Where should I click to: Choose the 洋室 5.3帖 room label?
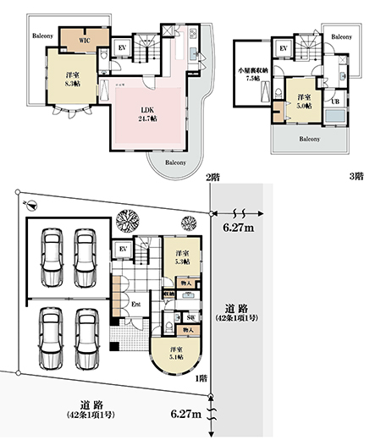pos(180,258)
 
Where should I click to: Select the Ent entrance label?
pos(135,303)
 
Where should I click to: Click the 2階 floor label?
pos(212,176)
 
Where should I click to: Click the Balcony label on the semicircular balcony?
pos(175,161)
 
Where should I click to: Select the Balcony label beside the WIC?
pos(44,36)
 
